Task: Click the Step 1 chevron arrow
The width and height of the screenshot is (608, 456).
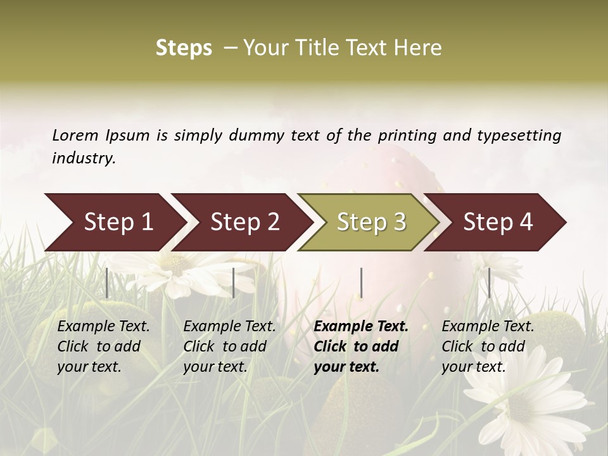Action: click(x=114, y=222)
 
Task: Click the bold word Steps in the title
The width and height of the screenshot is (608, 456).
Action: click(x=184, y=48)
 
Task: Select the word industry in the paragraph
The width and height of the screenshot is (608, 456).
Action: click(x=84, y=158)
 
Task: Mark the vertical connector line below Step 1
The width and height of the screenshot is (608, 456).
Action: click(x=107, y=282)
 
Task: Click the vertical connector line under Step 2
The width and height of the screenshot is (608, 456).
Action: click(x=234, y=282)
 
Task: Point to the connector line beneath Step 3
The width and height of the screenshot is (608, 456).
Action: click(x=361, y=282)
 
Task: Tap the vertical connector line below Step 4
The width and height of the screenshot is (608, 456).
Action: click(x=489, y=282)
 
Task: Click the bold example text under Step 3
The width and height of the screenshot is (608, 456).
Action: click(x=361, y=346)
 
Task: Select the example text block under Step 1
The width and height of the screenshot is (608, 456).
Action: click(x=103, y=346)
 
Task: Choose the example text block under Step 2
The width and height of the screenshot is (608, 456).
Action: click(x=229, y=346)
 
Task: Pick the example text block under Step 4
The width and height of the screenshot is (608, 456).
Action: click(x=488, y=346)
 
